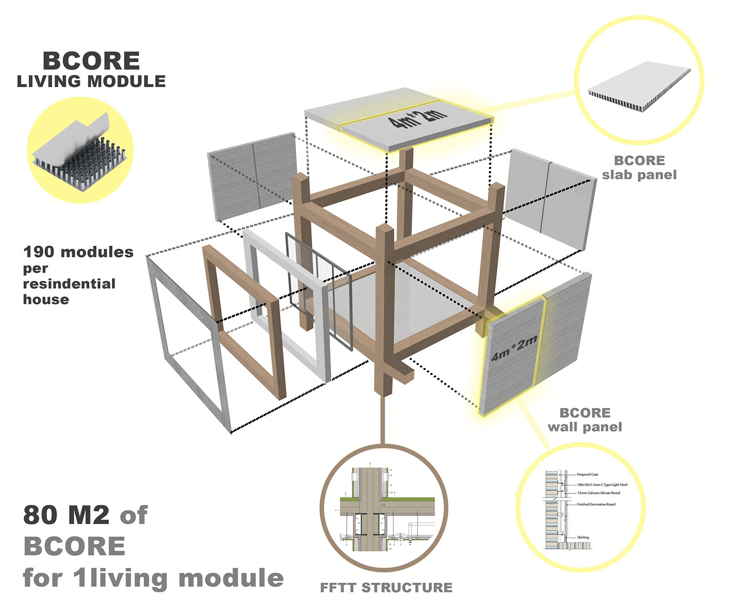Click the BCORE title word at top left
tap(91, 61)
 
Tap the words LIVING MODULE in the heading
tap(91, 82)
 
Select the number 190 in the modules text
tap(38, 252)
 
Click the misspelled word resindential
tap(69, 284)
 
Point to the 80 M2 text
tap(66, 515)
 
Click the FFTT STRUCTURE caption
tap(386, 587)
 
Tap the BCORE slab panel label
tap(639, 168)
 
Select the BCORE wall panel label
tap(585, 420)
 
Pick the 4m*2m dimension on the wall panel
tap(514, 348)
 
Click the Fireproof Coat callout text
tap(587, 475)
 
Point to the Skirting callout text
tap(582, 537)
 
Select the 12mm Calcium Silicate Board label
tap(598, 493)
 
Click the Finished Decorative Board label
tap(596, 504)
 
